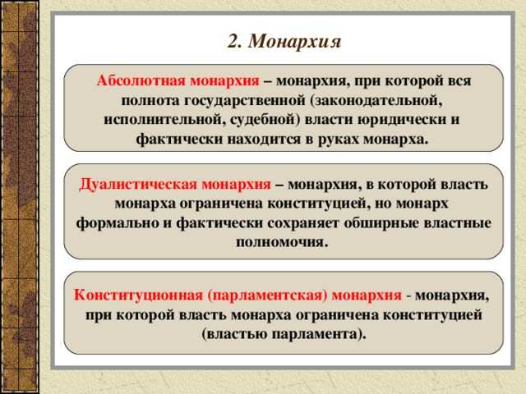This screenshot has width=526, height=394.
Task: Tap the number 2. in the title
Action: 233,40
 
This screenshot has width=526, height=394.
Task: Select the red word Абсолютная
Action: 141,81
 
